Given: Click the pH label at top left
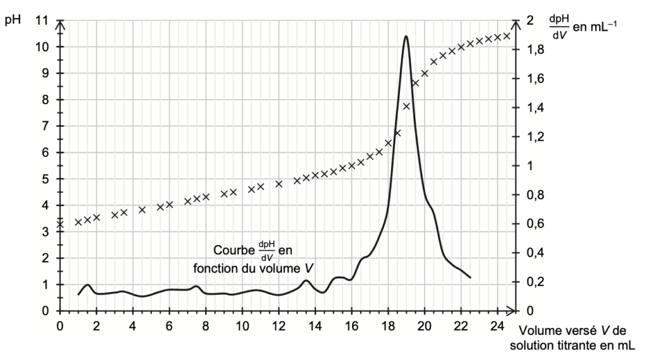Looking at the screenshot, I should pyautogui.click(x=13, y=18).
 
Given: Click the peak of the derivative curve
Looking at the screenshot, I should pyautogui.click(x=406, y=36).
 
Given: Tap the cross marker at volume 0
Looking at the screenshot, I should pyautogui.click(x=60, y=223).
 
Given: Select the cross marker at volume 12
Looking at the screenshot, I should pyautogui.click(x=279, y=184).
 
